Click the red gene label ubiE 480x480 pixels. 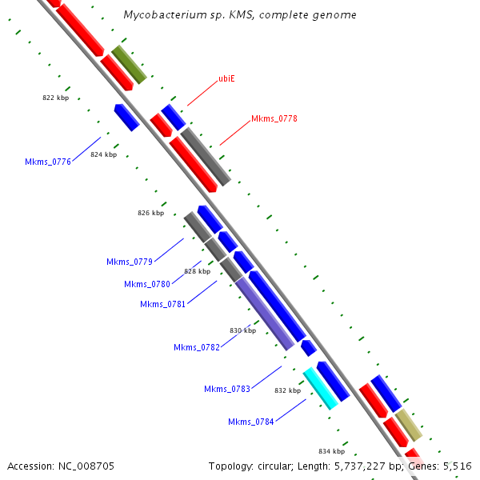click(226, 78)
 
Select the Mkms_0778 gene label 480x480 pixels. click(274, 118)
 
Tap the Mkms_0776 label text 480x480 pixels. click(48, 162)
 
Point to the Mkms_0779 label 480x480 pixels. click(130, 262)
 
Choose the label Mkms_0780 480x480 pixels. click(147, 284)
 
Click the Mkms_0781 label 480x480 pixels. click(163, 304)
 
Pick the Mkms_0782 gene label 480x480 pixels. click(197, 347)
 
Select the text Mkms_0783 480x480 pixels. click(227, 389)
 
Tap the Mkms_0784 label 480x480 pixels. click(251, 422)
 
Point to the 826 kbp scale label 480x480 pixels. click(150, 213)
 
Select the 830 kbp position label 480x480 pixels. click(242, 330)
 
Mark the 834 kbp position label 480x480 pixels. click(331, 451)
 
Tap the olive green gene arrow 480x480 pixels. click(129, 65)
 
